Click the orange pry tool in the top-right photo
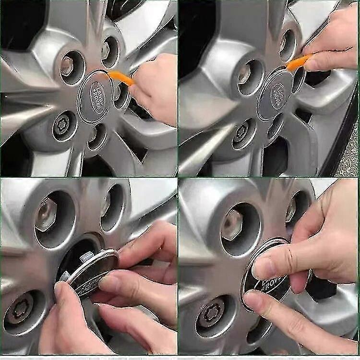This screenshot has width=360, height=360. click(x=298, y=63)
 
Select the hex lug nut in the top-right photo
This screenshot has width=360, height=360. click(x=246, y=74)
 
